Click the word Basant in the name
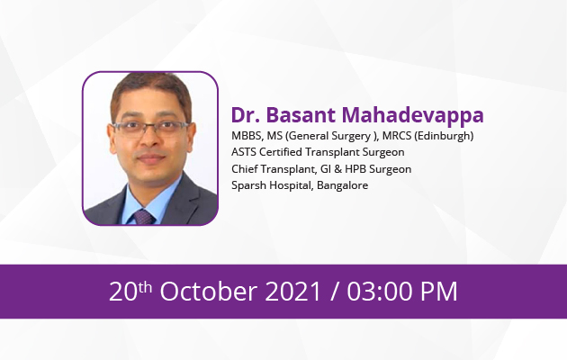click(301, 115)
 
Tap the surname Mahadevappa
click(412, 116)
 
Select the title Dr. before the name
click(246, 115)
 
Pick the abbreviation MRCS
click(397, 136)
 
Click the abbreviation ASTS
click(244, 152)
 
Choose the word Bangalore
click(342, 185)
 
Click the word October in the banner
click(209, 292)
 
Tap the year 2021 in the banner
click(293, 292)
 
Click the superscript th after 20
click(145, 287)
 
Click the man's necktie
click(144, 217)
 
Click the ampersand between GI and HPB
click(337, 169)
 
